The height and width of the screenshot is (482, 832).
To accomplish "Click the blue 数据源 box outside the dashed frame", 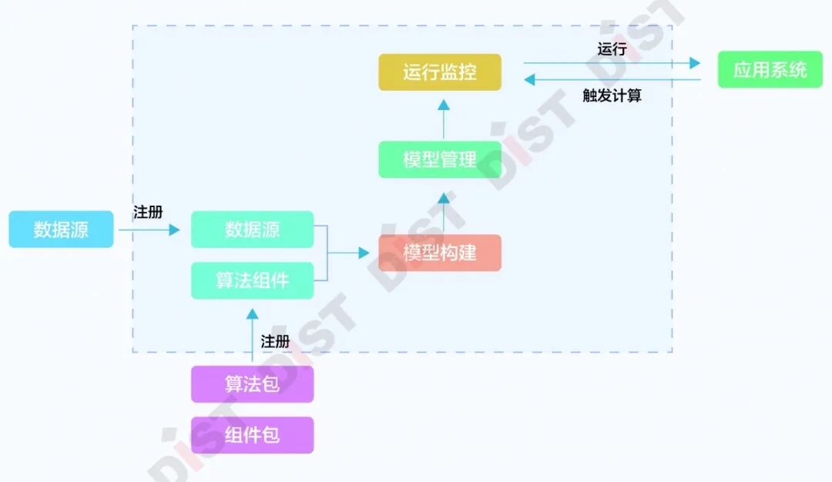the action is pyautogui.click(x=61, y=229).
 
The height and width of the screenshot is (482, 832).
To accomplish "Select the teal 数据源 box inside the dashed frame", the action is pyautogui.click(x=252, y=229).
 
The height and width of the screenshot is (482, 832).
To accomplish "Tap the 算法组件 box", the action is pyautogui.click(x=252, y=280).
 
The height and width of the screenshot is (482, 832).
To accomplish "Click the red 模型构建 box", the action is pyautogui.click(x=440, y=253).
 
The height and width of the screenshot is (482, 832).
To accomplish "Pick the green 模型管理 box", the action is pyautogui.click(x=440, y=159).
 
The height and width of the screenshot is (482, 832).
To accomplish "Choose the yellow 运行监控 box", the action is pyautogui.click(x=440, y=72).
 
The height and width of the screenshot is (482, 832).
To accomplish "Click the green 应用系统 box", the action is pyautogui.click(x=770, y=70).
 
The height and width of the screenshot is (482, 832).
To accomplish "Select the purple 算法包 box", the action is pyautogui.click(x=252, y=384).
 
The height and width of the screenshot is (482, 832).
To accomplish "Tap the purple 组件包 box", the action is pyautogui.click(x=252, y=435).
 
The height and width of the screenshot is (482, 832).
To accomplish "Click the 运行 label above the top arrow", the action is pyautogui.click(x=612, y=49).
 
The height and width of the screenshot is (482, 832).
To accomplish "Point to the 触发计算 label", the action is pyautogui.click(x=612, y=95).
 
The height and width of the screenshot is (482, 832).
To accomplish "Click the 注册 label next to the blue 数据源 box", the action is pyautogui.click(x=148, y=212).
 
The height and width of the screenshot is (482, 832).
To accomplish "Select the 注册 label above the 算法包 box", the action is pyautogui.click(x=275, y=341).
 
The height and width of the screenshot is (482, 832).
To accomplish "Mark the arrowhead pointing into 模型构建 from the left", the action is pyautogui.click(x=364, y=253).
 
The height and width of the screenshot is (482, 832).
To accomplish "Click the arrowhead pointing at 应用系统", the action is pyautogui.click(x=695, y=63).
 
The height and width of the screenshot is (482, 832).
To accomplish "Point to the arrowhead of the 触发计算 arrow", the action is pyautogui.click(x=529, y=79).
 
